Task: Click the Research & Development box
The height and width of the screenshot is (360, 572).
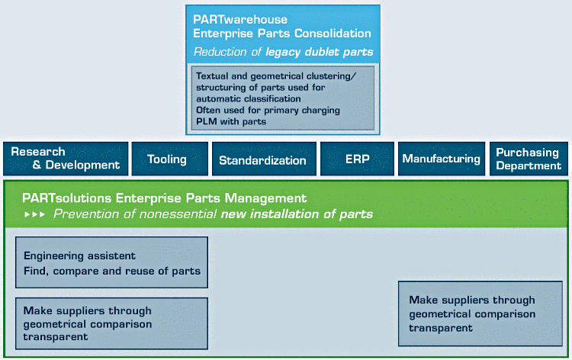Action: click(x=65, y=159)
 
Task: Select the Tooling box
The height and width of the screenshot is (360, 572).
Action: click(x=168, y=159)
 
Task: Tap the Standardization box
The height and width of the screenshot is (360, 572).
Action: click(x=262, y=159)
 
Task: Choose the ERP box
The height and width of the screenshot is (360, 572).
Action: click(x=357, y=159)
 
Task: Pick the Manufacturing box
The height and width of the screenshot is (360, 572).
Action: click(x=441, y=159)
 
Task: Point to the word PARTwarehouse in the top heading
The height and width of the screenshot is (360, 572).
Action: click(x=230, y=18)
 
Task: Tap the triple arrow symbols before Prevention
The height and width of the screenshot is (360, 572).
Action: click(x=35, y=214)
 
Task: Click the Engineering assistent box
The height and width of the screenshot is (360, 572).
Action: click(x=111, y=262)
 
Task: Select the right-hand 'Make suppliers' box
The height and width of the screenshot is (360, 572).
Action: click(x=484, y=313)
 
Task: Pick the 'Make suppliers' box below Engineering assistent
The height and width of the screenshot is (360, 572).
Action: click(x=111, y=323)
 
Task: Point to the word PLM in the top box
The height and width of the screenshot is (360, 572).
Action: click(x=207, y=121)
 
